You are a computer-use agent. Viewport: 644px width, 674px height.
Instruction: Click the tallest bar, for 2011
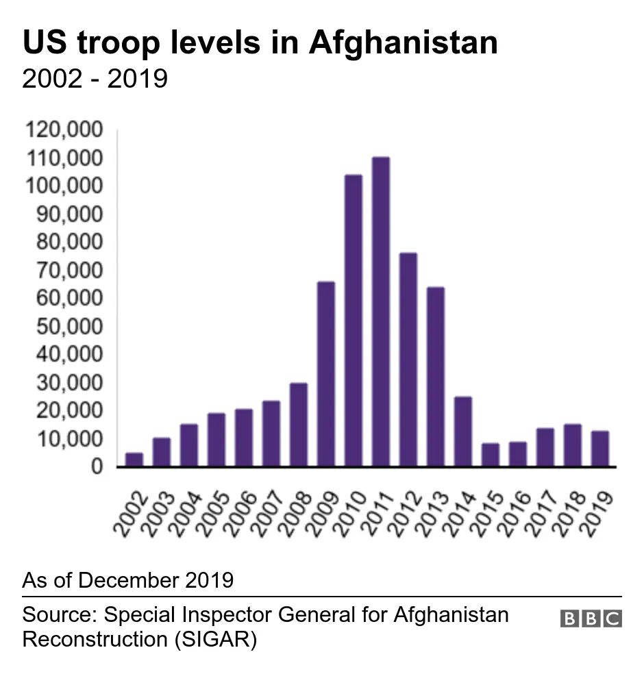381,312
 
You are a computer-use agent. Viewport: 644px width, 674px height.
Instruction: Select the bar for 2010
354,321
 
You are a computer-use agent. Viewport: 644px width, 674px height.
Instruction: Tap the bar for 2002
134,460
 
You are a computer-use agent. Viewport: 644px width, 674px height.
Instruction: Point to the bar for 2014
463,432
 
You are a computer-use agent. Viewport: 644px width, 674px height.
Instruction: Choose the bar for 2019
600,449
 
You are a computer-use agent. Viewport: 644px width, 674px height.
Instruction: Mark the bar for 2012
408,360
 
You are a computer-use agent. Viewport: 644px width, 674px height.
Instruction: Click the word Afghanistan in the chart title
403,43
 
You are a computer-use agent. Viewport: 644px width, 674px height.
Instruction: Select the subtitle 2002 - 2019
95,79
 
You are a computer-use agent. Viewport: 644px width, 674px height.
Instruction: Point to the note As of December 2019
128,580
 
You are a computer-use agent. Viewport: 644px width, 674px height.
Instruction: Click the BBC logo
591,619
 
